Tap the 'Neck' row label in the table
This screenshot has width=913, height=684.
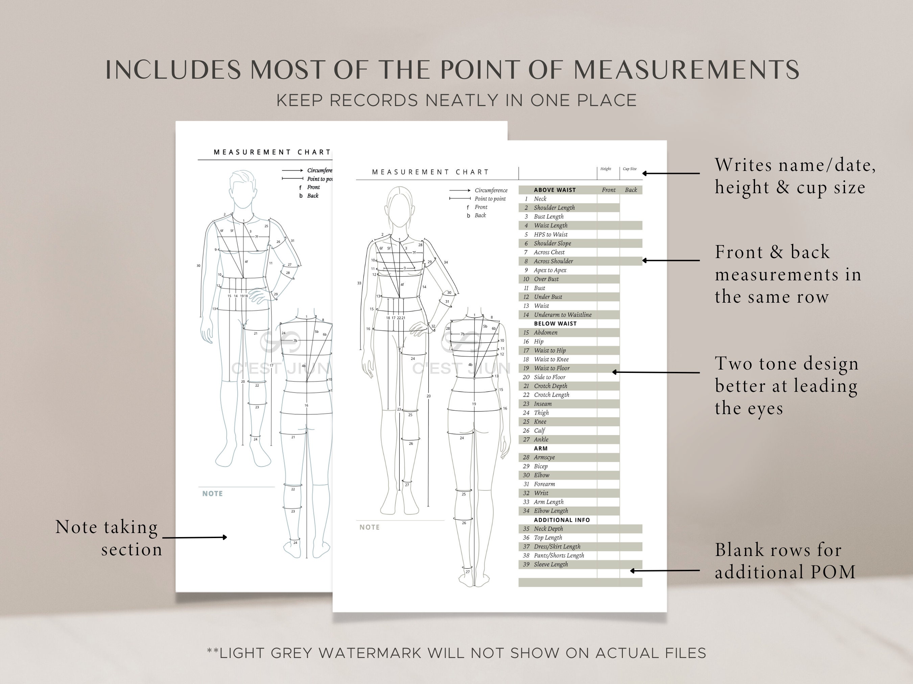pos(540,199)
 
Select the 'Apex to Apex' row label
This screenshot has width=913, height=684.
pos(550,270)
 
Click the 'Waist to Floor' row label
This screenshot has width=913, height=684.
pos(552,368)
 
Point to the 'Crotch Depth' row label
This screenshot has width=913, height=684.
pos(550,386)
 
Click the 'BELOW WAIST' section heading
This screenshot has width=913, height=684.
pos(555,324)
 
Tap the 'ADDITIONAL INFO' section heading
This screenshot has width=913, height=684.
pos(562,520)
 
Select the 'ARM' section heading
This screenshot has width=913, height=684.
pos(541,449)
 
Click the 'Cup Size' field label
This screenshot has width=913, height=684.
pos(629,169)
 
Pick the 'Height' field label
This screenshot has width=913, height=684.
pos(606,169)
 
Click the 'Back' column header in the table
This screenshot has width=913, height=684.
pos(631,190)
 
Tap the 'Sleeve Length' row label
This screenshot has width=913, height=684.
pos(551,564)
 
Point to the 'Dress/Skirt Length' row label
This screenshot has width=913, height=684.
pos(557,547)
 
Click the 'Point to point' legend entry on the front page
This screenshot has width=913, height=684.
pos(490,199)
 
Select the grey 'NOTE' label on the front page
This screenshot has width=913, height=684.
pos(369,527)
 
